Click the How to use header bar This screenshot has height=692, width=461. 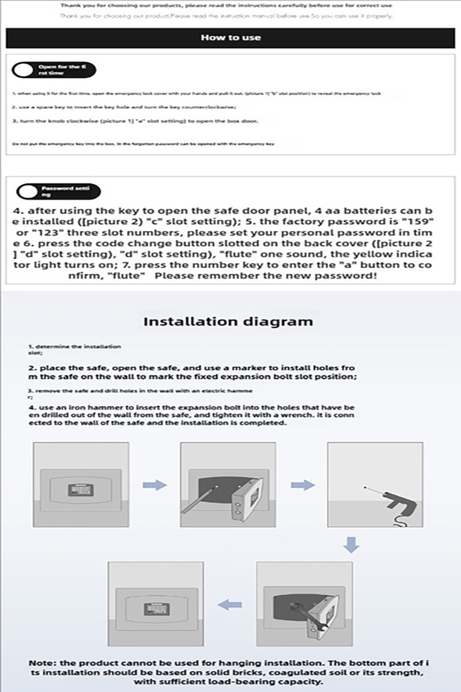(231, 37)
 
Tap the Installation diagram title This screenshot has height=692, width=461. (228, 321)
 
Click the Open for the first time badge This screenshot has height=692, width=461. (54, 70)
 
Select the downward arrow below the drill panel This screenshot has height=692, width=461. (351, 543)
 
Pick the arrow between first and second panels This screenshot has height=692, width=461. (154, 485)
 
